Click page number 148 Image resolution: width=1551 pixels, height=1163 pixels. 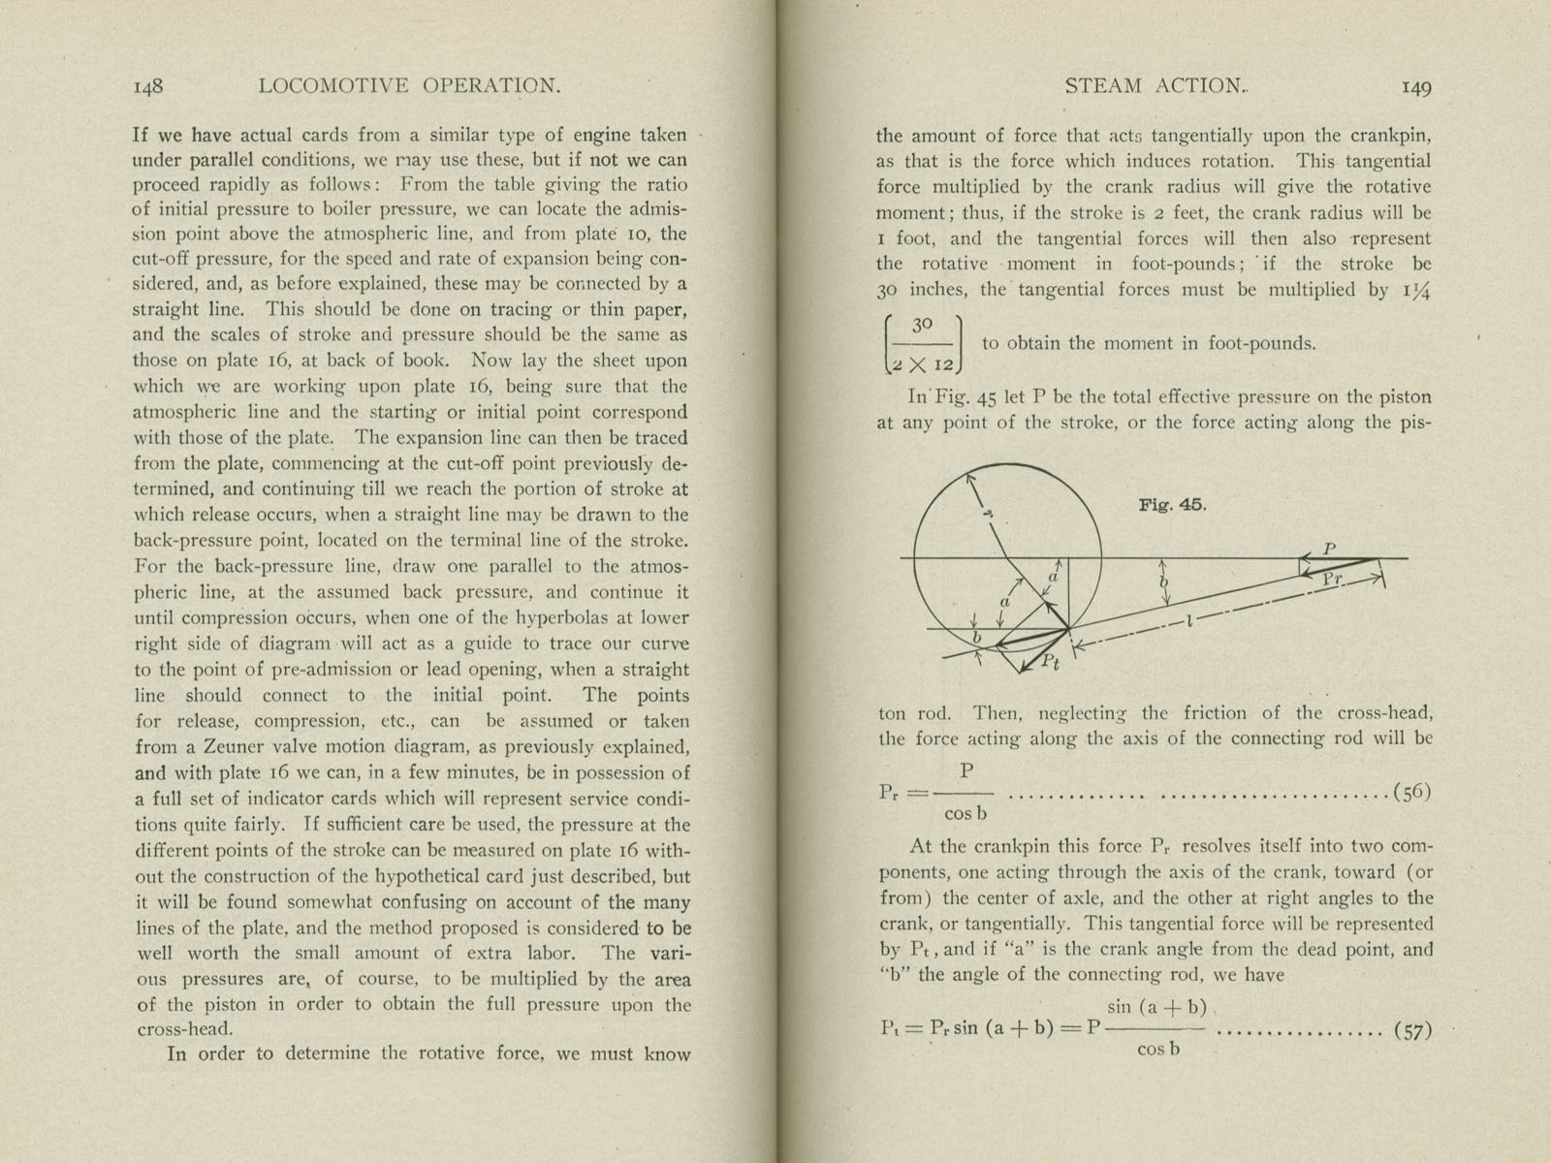(x=147, y=86)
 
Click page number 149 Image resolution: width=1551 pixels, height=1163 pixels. (x=1416, y=87)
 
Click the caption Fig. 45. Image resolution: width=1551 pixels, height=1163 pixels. (x=1172, y=505)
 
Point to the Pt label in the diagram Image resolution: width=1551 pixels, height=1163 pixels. (x=1050, y=662)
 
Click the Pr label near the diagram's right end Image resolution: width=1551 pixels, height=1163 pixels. (x=1332, y=579)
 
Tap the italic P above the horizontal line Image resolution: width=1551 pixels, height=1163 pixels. (x=1329, y=549)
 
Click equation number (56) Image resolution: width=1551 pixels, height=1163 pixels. (x=1412, y=793)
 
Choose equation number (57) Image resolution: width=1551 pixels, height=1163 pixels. (x=1411, y=1030)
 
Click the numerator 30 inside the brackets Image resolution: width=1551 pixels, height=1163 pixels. (x=922, y=325)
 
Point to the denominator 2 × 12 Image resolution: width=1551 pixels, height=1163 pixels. (x=923, y=362)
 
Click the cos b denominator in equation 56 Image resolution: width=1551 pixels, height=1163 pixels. (x=965, y=814)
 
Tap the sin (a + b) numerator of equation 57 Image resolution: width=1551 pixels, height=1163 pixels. (x=1155, y=1008)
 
